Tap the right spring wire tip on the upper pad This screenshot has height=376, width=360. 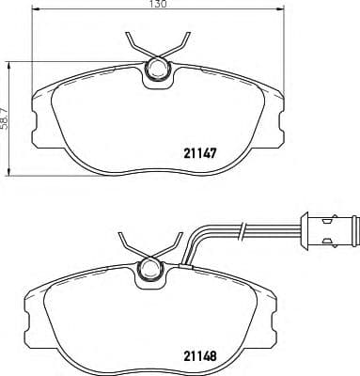click(x=188, y=39)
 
